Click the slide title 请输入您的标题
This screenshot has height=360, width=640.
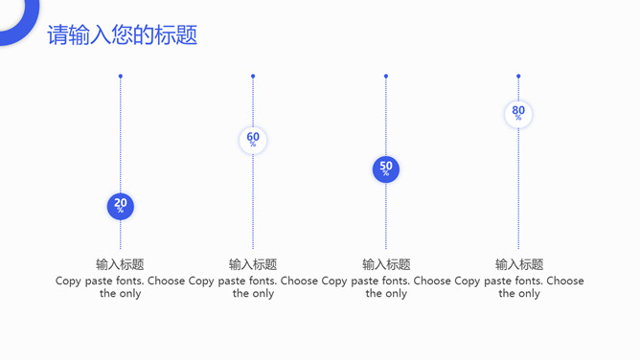point(123,35)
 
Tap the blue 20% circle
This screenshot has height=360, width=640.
point(121,206)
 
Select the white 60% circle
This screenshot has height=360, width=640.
point(253,141)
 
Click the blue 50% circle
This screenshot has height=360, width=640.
point(386,169)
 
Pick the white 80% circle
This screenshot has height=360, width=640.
point(518,114)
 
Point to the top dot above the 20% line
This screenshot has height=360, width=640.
point(121,76)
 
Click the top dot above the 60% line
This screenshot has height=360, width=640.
point(253,76)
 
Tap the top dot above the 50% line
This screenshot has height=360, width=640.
point(386,76)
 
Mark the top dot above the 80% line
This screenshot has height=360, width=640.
point(518,76)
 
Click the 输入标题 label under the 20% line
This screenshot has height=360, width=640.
point(120,264)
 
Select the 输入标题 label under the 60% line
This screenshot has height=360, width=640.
point(253,264)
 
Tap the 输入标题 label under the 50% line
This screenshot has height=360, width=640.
point(386,264)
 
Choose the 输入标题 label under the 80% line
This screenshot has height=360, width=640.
point(519,264)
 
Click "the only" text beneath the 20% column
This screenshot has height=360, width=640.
point(120,294)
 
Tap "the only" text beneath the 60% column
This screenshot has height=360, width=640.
point(253,294)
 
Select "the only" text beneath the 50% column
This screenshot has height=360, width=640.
point(386,294)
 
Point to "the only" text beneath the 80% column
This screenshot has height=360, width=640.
point(519,294)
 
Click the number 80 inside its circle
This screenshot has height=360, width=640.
point(518,110)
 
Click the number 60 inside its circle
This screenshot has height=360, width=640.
point(253,137)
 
